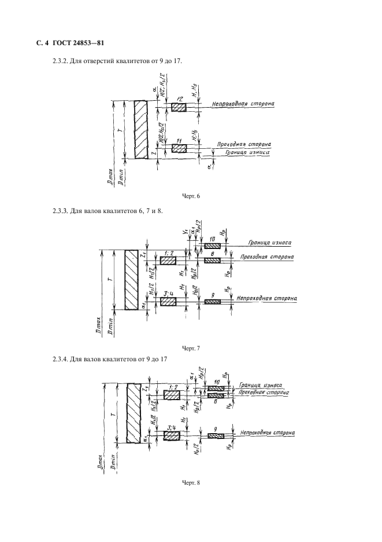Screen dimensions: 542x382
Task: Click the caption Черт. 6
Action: (191, 197)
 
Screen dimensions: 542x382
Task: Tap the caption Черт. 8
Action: (191, 484)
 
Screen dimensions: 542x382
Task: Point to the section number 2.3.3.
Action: (62, 211)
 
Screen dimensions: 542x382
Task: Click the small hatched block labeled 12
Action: (179, 108)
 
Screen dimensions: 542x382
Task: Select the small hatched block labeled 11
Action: (179, 149)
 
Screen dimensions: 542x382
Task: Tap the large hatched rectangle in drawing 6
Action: (140, 130)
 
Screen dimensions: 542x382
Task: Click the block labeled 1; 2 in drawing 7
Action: (168, 261)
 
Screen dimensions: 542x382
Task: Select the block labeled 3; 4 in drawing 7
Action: (168, 302)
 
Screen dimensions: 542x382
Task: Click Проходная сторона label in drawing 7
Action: (267, 256)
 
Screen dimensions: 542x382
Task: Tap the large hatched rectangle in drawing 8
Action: (134, 412)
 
